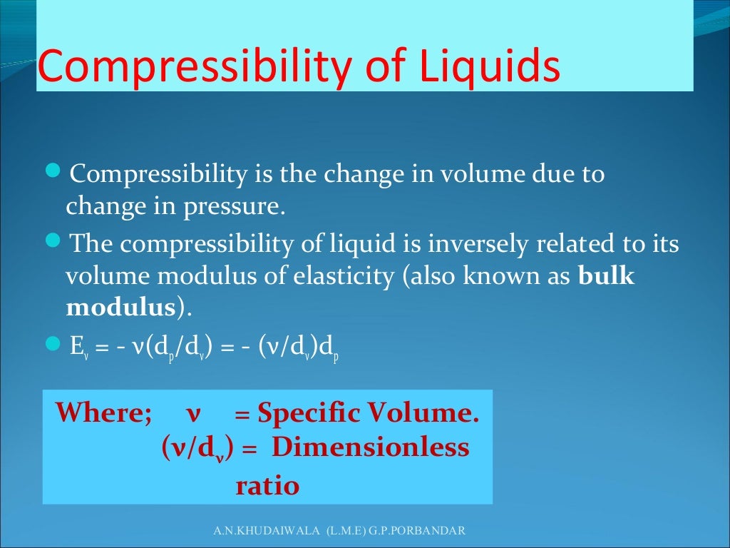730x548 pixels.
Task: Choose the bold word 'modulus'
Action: (x=120, y=308)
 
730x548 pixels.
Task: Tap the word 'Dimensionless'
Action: (x=371, y=448)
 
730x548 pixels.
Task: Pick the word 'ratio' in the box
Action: (x=267, y=486)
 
